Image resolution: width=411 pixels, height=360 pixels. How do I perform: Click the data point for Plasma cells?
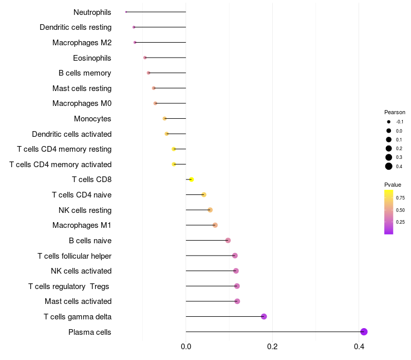click(364, 332)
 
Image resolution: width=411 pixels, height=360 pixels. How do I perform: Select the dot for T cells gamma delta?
click(264, 316)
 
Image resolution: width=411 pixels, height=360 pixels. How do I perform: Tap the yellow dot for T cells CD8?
click(191, 179)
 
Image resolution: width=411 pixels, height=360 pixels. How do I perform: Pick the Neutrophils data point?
click(126, 12)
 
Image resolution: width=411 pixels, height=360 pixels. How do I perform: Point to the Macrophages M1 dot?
click(215, 225)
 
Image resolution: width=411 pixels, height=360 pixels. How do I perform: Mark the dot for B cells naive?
click(228, 240)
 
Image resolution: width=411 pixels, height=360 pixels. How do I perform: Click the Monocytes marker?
click(164, 119)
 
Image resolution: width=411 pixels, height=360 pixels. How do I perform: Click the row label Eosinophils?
click(92, 58)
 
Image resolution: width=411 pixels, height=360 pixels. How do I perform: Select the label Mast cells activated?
click(78, 301)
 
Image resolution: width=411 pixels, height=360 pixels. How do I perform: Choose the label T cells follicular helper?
click(74, 256)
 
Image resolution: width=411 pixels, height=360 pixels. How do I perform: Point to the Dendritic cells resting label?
click(76, 27)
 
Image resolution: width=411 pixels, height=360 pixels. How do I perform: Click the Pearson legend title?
click(395, 112)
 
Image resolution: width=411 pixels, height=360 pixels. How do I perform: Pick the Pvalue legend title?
click(393, 185)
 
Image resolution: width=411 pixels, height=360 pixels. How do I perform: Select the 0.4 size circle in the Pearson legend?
click(389, 166)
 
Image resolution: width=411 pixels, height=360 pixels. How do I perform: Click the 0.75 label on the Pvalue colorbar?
click(400, 197)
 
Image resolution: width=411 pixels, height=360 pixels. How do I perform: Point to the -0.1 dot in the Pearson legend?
click(389, 122)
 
